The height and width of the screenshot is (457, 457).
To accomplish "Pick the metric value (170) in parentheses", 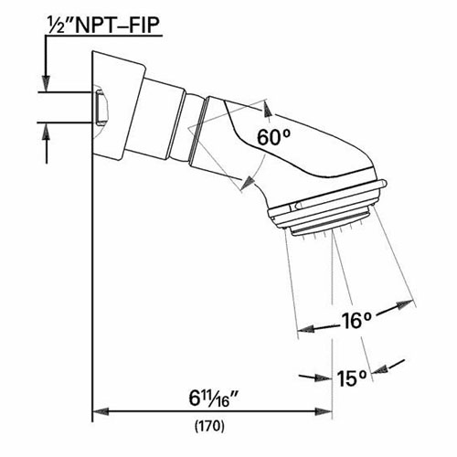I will tap(211, 427).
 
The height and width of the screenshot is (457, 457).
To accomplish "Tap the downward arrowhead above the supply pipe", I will tap(43, 82).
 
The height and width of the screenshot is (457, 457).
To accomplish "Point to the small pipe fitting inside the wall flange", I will tap(101, 105).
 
